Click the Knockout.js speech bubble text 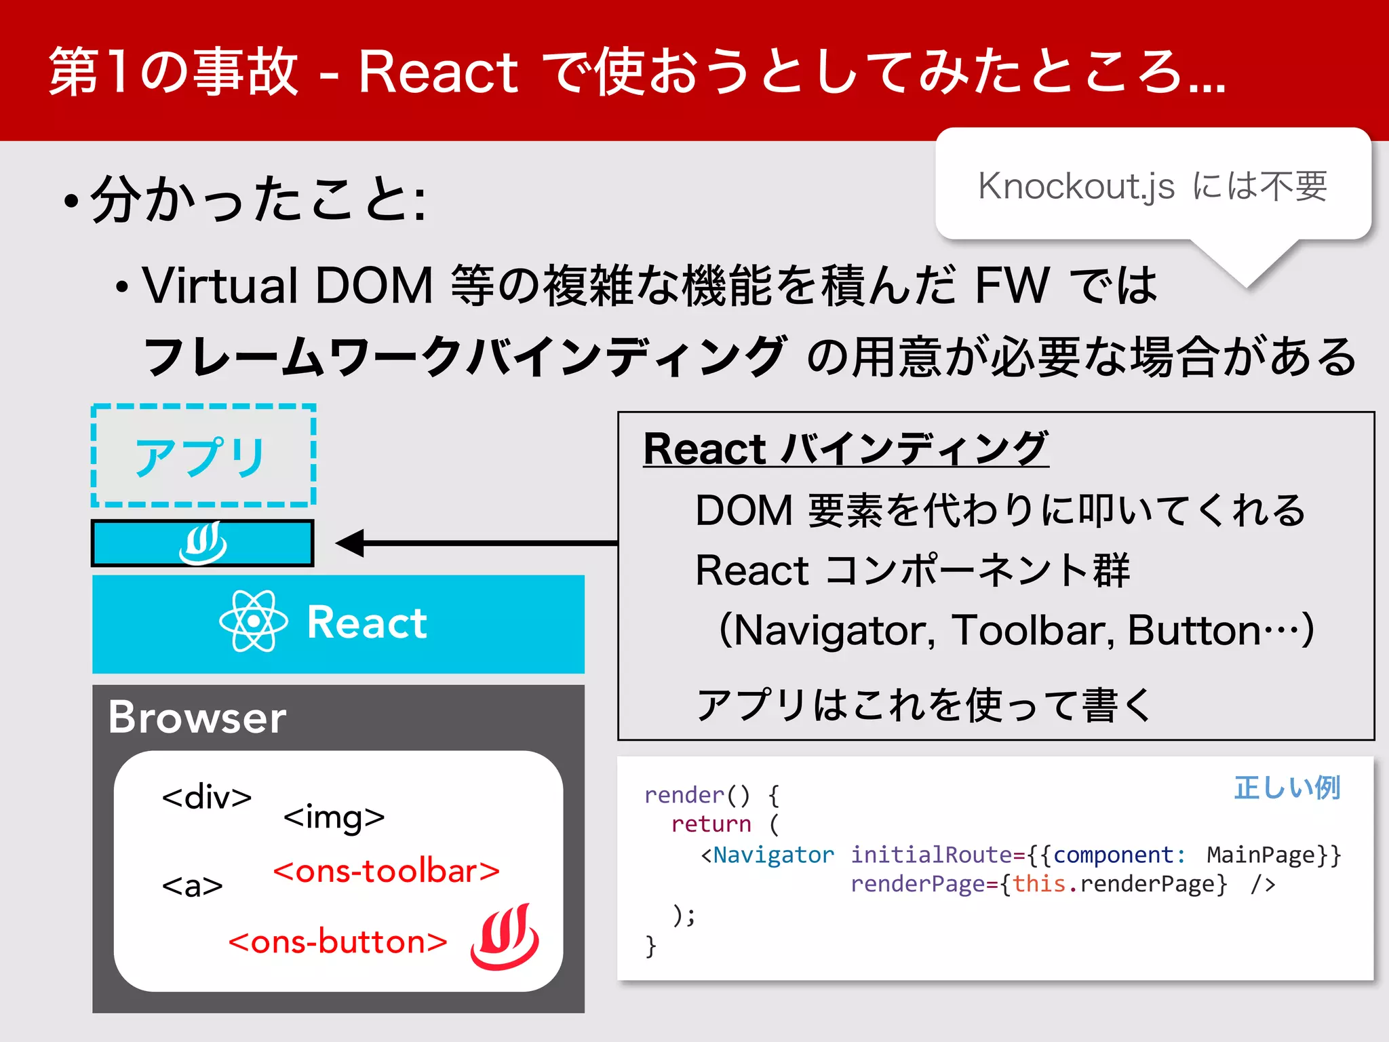pos(1152,186)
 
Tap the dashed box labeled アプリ pos(203,455)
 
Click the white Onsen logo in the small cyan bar pos(203,543)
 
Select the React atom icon pos(254,621)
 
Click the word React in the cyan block pos(367,623)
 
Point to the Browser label pos(197,718)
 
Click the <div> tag pos(206,797)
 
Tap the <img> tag pos(334,817)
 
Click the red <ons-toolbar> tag pos(386,872)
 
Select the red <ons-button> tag pos(338,942)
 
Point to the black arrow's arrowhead pos(350,543)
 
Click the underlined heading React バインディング pos(846,449)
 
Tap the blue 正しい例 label pos(1287,788)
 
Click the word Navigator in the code pos(773,855)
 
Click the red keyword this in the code pos(1039,884)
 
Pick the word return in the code pos(711,824)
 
